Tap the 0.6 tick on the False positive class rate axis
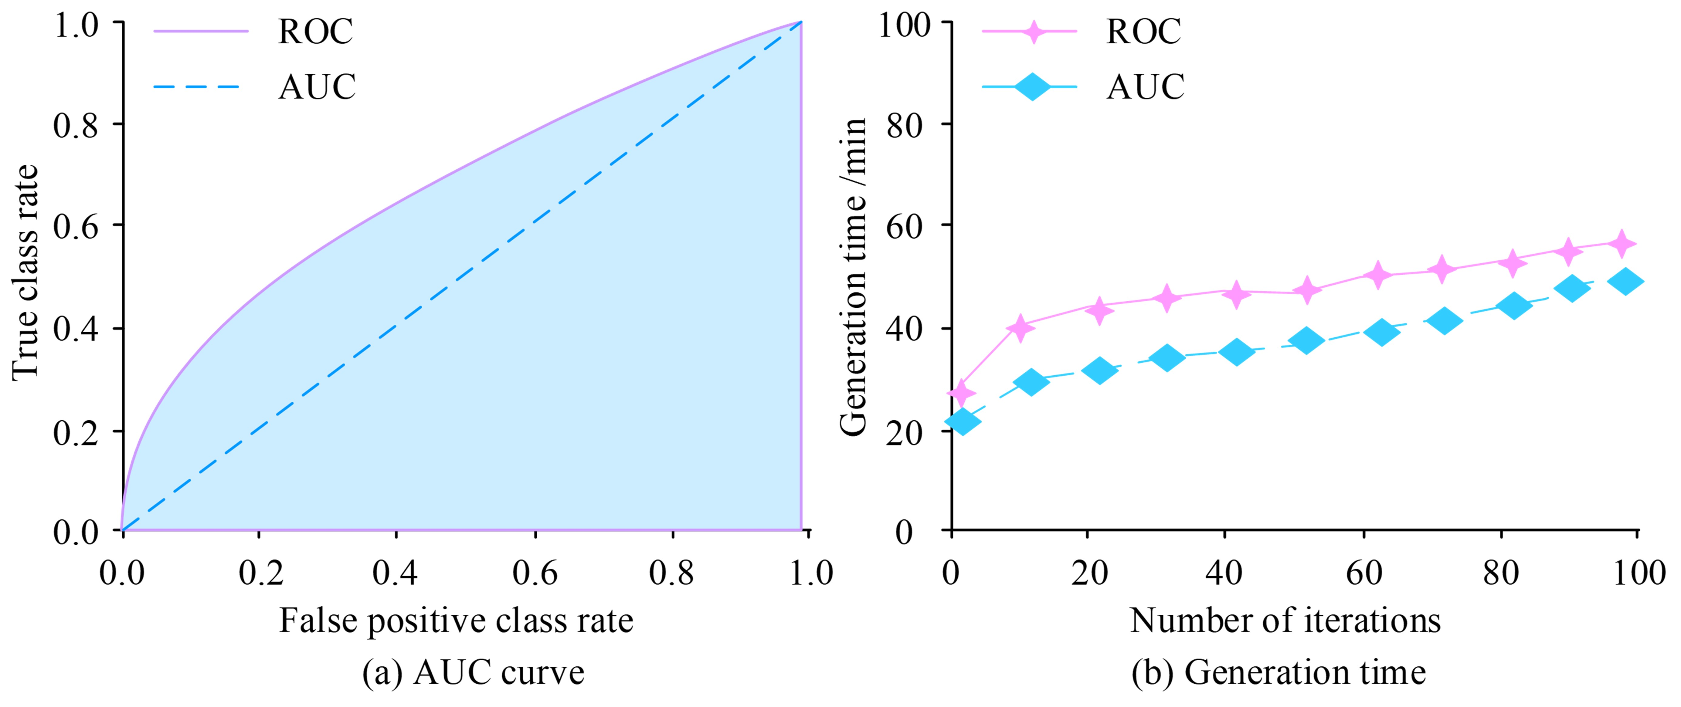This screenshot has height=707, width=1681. (535, 573)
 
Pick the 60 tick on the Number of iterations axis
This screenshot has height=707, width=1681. (1364, 573)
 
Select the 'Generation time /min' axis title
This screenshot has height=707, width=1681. (853, 277)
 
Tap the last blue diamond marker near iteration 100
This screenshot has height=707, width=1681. (1625, 281)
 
